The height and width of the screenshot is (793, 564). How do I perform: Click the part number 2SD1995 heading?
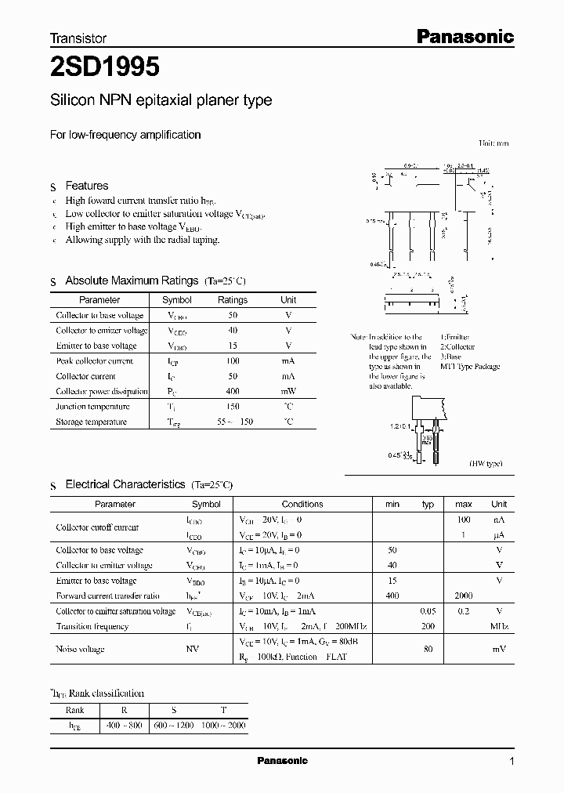click(x=106, y=68)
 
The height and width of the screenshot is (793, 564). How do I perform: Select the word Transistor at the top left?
click(x=78, y=38)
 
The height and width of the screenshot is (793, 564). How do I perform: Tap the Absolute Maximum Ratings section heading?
click(x=132, y=281)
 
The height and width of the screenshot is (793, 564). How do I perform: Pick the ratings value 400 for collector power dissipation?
click(x=233, y=391)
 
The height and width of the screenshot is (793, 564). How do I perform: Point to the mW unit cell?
click(x=288, y=391)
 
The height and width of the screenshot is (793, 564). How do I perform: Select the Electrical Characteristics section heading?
click(x=125, y=485)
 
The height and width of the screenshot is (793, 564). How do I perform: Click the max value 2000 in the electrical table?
click(x=463, y=596)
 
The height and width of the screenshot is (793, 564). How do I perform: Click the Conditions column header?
click(x=302, y=505)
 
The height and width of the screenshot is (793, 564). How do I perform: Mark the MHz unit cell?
click(x=499, y=627)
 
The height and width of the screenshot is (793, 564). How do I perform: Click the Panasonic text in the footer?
click(x=283, y=761)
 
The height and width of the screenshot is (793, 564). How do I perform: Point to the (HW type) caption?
click(x=486, y=464)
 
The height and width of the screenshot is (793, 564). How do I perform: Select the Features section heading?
click(x=86, y=186)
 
